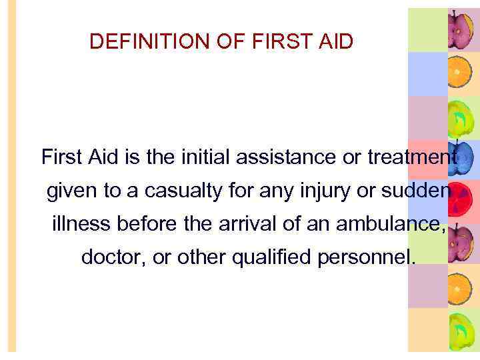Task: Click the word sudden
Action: (x=407, y=191)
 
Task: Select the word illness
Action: (x=80, y=225)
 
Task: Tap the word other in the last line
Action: (x=197, y=257)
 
